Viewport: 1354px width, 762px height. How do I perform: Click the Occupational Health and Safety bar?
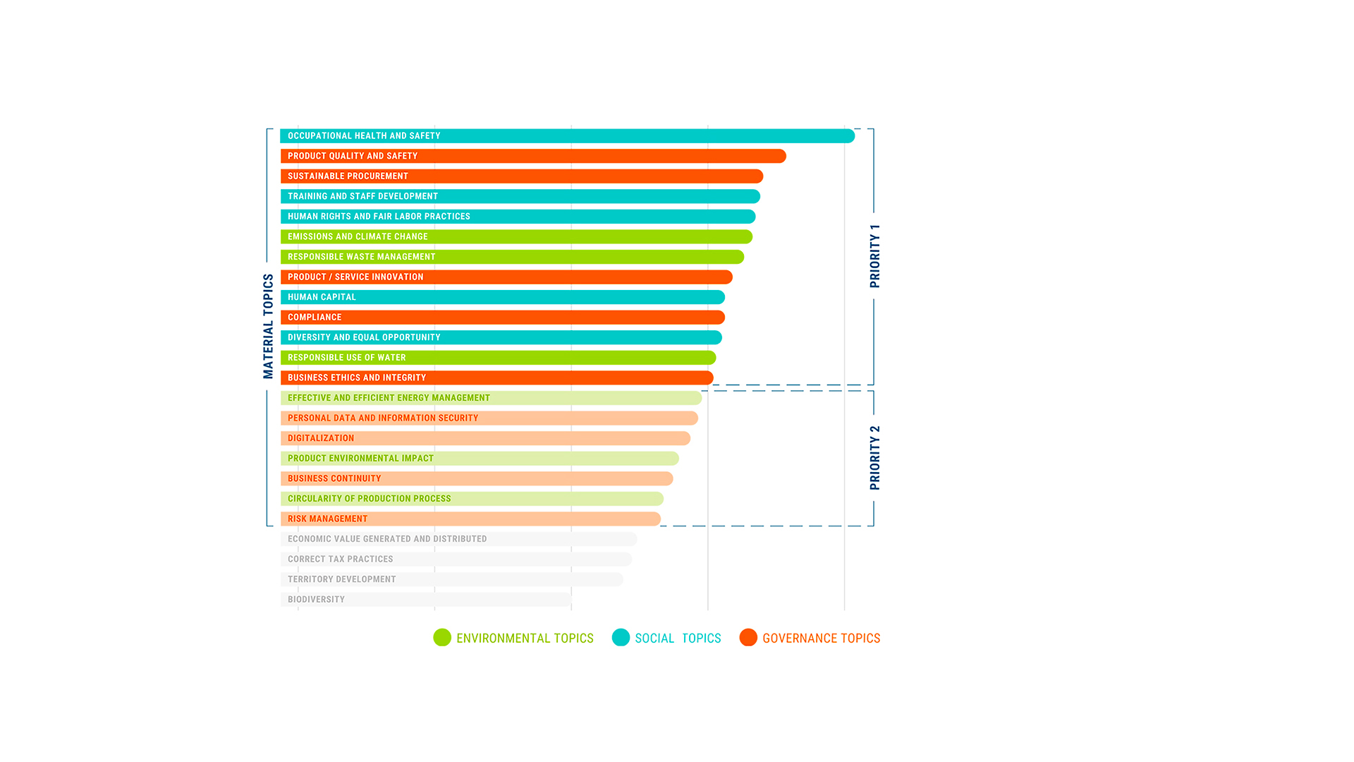(567, 136)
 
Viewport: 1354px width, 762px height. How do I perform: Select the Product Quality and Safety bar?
(533, 156)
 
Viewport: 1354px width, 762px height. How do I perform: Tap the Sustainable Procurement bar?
(522, 176)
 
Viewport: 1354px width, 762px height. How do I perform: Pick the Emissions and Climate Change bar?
(516, 237)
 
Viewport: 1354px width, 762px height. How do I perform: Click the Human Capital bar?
(502, 297)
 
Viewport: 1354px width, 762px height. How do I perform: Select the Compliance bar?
(502, 317)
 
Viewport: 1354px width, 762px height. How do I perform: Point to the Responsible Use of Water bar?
(498, 358)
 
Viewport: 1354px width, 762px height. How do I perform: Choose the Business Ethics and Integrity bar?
(496, 378)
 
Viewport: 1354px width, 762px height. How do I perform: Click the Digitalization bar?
(485, 438)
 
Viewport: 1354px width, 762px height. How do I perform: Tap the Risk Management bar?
(470, 519)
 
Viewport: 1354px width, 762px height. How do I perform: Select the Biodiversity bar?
(425, 600)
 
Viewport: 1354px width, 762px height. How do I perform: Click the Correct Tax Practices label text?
(340, 559)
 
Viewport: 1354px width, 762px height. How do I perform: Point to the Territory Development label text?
(341, 579)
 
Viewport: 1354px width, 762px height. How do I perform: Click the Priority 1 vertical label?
(874, 256)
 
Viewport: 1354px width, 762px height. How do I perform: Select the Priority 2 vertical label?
(874, 457)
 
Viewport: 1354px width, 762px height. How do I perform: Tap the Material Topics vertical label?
(268, 326)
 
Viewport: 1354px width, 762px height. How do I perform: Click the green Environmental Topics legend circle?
(442, 638)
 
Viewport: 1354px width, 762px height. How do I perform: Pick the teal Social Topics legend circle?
(621, 638)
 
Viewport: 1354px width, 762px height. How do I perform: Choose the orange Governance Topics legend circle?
(748, 638)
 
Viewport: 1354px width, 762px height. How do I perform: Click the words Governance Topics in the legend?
(821, 639)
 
